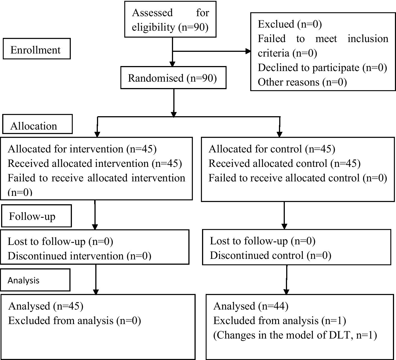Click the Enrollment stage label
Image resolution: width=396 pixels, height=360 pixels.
click(35, 50)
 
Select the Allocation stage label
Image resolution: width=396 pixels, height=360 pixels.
click(34, 126)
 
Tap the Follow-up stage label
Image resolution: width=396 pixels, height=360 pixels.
click(32, 217)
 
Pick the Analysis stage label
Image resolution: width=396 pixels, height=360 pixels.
click(23, 280)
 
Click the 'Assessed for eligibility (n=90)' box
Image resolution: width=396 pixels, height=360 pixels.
click(170, 20)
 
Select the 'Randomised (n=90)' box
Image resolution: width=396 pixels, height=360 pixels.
click(173, 78)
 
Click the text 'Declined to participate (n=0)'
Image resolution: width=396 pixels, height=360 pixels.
click(322, 68)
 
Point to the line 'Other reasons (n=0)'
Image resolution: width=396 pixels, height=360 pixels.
click(302, 82)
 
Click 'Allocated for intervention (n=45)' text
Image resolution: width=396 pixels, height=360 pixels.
click(82, 149)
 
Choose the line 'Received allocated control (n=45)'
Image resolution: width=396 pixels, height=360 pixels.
click(285, 164)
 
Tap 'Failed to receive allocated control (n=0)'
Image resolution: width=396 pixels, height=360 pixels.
click(298, 178)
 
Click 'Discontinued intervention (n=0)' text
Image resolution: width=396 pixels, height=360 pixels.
click(79, 256)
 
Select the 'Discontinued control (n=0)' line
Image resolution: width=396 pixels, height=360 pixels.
click(270, 255)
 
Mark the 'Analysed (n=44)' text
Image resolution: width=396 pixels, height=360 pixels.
click(251, 306)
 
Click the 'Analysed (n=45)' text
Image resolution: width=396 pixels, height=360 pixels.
click(46, 306)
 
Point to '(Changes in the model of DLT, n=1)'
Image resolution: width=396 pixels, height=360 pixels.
click(295, 335)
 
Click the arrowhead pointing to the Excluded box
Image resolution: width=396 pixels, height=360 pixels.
click(248, 51)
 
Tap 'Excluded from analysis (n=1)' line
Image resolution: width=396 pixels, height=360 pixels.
click(280, 321)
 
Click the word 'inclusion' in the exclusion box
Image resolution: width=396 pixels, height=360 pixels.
click(368, 39)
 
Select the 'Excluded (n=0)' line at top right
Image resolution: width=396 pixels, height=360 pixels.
click(290, 24)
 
